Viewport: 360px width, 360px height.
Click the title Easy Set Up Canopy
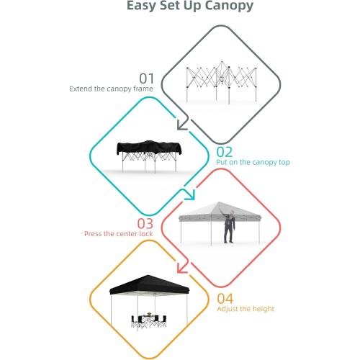coord(179,7)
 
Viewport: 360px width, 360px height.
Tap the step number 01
coord(147,78)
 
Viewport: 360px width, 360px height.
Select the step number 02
coord(225,151)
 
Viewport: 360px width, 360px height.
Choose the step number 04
coord(225,297)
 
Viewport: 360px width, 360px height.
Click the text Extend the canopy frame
coord(112,90)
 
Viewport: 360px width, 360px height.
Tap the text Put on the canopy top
coord(253,163)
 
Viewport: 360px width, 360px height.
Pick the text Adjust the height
coord(246,309)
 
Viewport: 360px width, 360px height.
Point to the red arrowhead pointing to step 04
coord(183,270)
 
